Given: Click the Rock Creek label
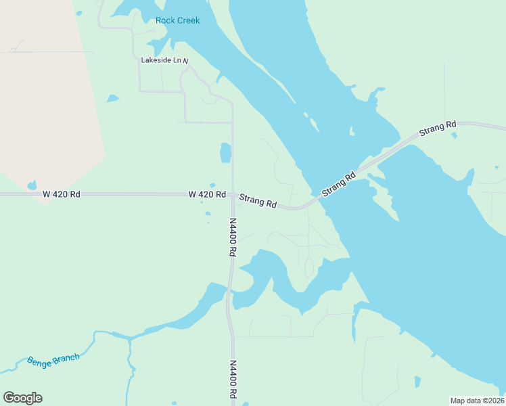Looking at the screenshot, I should point(178,20).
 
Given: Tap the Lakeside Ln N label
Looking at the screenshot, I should point(164,60).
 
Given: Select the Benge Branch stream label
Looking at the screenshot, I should point(53,359).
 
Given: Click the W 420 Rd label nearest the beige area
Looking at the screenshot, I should point(61,194).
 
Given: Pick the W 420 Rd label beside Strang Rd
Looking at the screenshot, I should point(207,194).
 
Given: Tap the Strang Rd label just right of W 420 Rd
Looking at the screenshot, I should point(258,200).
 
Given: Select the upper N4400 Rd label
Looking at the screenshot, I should point(232,236).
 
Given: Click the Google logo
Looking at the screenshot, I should point(23,398).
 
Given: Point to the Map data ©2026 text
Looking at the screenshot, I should point(477,401).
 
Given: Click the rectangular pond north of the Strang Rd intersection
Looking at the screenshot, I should point(225,152).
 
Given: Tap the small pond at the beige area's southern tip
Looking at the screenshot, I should point(32,185).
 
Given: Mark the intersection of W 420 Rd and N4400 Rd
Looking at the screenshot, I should point(232,194).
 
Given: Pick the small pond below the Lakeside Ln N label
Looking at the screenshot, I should point(112,99).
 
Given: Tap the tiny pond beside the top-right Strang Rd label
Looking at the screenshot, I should point(454,136).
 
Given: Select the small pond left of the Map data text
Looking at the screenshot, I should point(417,382).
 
